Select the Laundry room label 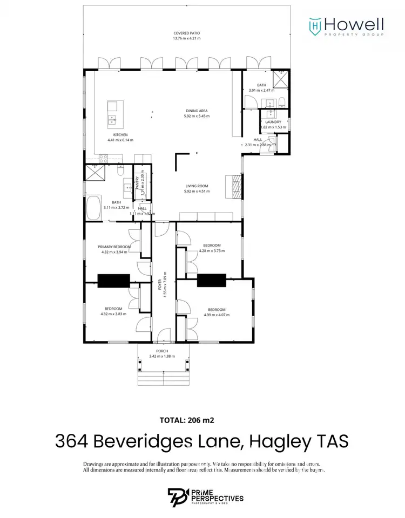tap(273, 122)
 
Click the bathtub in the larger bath tap(94, 208)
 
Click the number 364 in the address tap(72, 441)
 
